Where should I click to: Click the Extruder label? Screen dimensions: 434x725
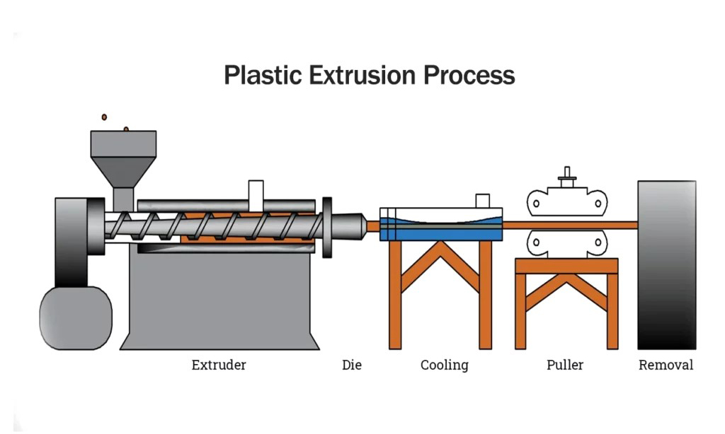(x=219, y=365)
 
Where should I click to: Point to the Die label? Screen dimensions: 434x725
(x=352, y=365)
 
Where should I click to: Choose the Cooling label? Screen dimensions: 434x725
(x=445, y=365)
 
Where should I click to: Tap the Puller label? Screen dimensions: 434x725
(x=565, y=365)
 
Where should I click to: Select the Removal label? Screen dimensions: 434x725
(x=666, y=365)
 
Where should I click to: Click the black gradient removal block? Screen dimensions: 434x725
(x=666, y=265)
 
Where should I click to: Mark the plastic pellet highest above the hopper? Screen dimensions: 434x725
(x=104, y=117)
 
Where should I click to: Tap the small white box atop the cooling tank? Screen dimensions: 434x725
(x=483, y=201)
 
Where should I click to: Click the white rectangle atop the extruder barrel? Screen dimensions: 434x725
(x=256, y=192)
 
